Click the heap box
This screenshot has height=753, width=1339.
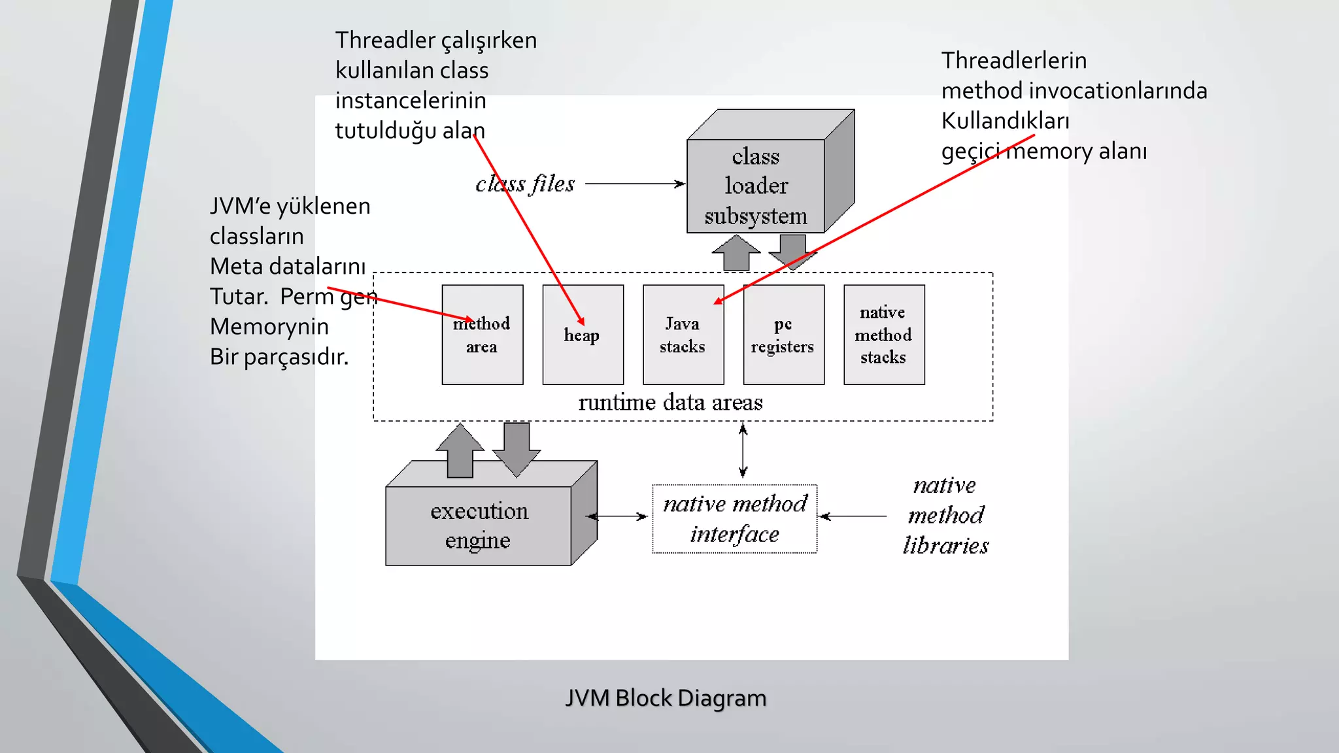click(583, 353)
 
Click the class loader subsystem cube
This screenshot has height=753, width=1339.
click(756, 186)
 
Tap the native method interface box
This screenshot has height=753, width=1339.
click(734, 519)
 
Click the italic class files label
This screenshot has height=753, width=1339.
click(525, 184)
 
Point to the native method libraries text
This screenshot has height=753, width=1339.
click(945, 515)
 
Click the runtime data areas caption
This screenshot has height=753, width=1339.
click(670, 402)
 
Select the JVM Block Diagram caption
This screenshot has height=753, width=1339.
click(666, 698)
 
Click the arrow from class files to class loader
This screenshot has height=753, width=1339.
click(634, 184)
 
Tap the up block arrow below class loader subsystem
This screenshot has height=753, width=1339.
click(736, 253)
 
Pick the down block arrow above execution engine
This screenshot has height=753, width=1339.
click(517, 448)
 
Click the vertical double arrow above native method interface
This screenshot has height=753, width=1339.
click(743, 451)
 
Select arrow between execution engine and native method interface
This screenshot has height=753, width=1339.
click(617, 516)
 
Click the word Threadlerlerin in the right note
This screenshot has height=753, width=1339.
click(1013, 61)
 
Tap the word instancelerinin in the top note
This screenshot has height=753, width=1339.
click(411, 101)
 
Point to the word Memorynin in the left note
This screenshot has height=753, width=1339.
click(269, 326)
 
